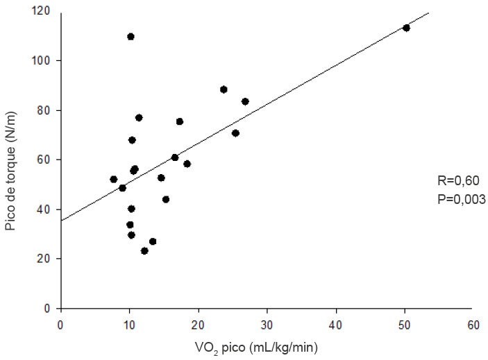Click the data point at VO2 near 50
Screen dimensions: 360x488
click(x=406, y=28)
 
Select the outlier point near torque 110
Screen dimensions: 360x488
click(x=131, y=36)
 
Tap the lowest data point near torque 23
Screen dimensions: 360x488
click(x=144, y=250)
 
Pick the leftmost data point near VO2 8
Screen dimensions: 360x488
click(x=113, y=179)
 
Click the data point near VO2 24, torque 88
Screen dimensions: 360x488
click(x=224, y=89)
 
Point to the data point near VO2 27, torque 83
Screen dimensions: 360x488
click(x=245, y=101)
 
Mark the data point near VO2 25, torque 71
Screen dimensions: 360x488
click(x=235, y=132)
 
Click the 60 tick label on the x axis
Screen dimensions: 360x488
click(x=474, y=324)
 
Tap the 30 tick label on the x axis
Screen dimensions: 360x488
click(x=267, y=324)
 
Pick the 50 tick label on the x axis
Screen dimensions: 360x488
click(x=405, y=324)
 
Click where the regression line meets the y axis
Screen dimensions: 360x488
click(x=61, y=221)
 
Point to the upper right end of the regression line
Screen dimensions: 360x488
click(x=429, y=12)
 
